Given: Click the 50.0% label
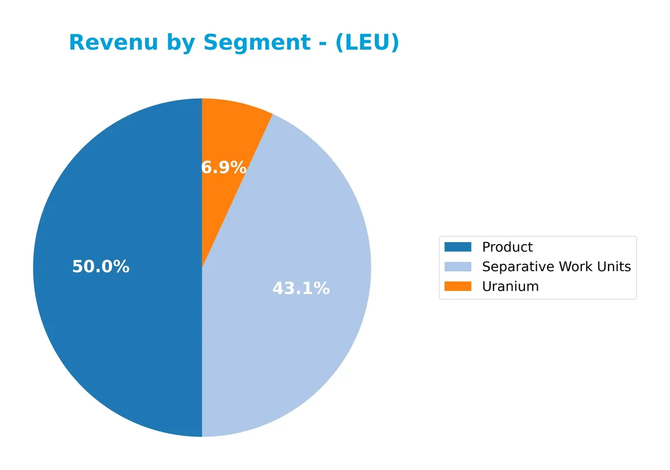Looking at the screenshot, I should (100, 267).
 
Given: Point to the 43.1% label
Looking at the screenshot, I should (301, 288).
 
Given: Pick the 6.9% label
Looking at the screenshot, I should (223, 167).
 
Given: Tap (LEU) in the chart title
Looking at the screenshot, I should (367, 42).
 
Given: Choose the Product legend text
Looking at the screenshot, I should (507, 247).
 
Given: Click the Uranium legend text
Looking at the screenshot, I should (510, 286).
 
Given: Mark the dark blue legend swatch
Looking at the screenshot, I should (458, 247).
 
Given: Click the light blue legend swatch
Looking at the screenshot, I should (458, 267).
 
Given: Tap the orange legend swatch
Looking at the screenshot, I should (458, 286).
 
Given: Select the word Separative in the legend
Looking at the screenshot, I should (517, 267).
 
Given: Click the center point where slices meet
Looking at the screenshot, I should (202, 268).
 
